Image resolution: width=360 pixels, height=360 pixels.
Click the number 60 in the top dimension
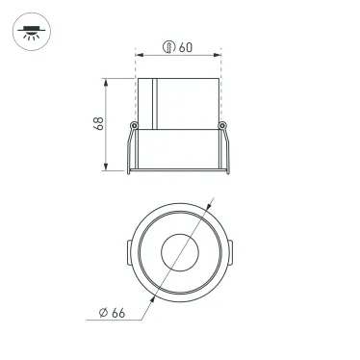click(185, 46)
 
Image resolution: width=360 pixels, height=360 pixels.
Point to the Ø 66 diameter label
click(113, 312)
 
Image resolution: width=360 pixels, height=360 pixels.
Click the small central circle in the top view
click(179, 254)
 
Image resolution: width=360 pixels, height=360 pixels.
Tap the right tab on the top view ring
click(231, 254)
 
